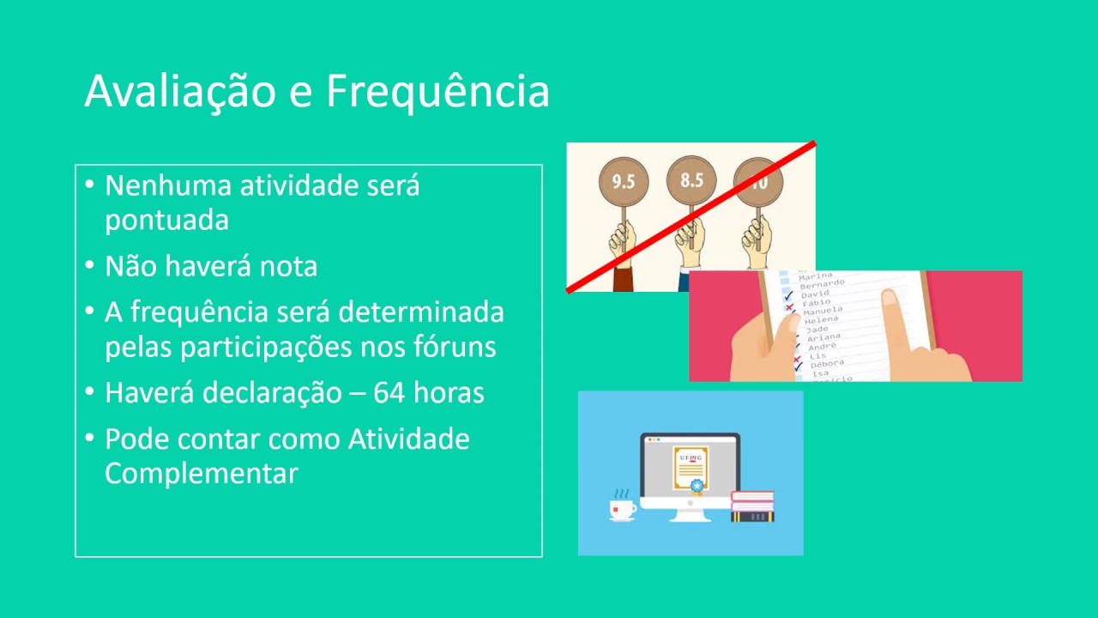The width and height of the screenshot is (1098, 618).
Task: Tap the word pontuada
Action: [166, 221]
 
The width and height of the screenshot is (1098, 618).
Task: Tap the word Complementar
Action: [202, 473]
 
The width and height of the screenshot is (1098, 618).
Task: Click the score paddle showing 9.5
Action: [624, 181]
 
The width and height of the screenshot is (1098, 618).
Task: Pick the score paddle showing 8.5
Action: [691, 180]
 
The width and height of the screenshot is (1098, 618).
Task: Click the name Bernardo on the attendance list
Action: [822, 284]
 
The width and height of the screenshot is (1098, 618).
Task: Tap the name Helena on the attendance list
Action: [822, 319]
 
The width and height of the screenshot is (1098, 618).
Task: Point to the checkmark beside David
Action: [788, 294]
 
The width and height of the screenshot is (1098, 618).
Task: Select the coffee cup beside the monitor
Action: [622, 508]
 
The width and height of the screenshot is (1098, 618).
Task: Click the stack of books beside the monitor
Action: [752, 506]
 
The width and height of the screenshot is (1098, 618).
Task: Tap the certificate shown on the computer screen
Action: [691, 468]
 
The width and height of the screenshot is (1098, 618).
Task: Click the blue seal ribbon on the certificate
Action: [697, 487]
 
